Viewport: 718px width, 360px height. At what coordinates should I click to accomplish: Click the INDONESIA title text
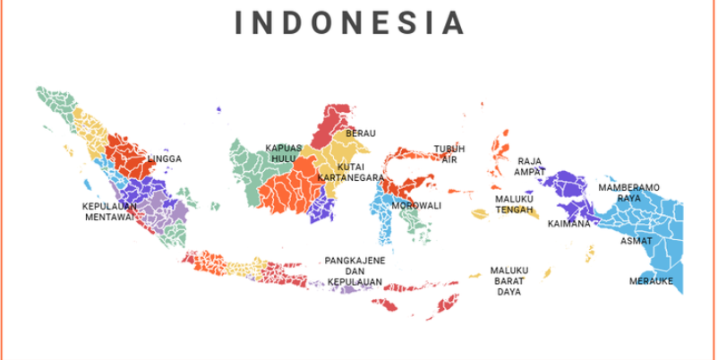[x=350, y=22]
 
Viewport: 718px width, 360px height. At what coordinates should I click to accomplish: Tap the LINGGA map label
[x=165, y=159]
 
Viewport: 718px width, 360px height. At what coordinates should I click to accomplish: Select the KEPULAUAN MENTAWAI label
[x=108, y=210]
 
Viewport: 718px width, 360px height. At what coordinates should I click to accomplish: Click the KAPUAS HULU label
[x=283, y=153]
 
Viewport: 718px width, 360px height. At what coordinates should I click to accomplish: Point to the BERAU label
[x=361, y=133]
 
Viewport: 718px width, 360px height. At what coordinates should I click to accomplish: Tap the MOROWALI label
[x=416, y=205]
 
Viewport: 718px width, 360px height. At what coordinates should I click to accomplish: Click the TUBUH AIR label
[x=449, y=153]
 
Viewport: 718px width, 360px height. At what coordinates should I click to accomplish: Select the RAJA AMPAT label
[x=529, y=167]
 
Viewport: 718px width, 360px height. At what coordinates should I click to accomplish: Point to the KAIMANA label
[x=569, y=223]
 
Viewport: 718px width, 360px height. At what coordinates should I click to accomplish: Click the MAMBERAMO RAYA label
[x=629, y=192]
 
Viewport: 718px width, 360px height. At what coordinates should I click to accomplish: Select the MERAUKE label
[x=651, y=280]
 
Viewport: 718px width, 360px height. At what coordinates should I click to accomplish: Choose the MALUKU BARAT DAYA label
[x=509, y=280]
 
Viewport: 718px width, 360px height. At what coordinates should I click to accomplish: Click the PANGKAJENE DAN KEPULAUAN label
[x=355, y=271]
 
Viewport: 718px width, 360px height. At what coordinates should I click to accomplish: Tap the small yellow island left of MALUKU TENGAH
[x=482, y=214]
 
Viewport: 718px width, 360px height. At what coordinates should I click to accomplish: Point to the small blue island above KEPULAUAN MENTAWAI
[x=88, y=184]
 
